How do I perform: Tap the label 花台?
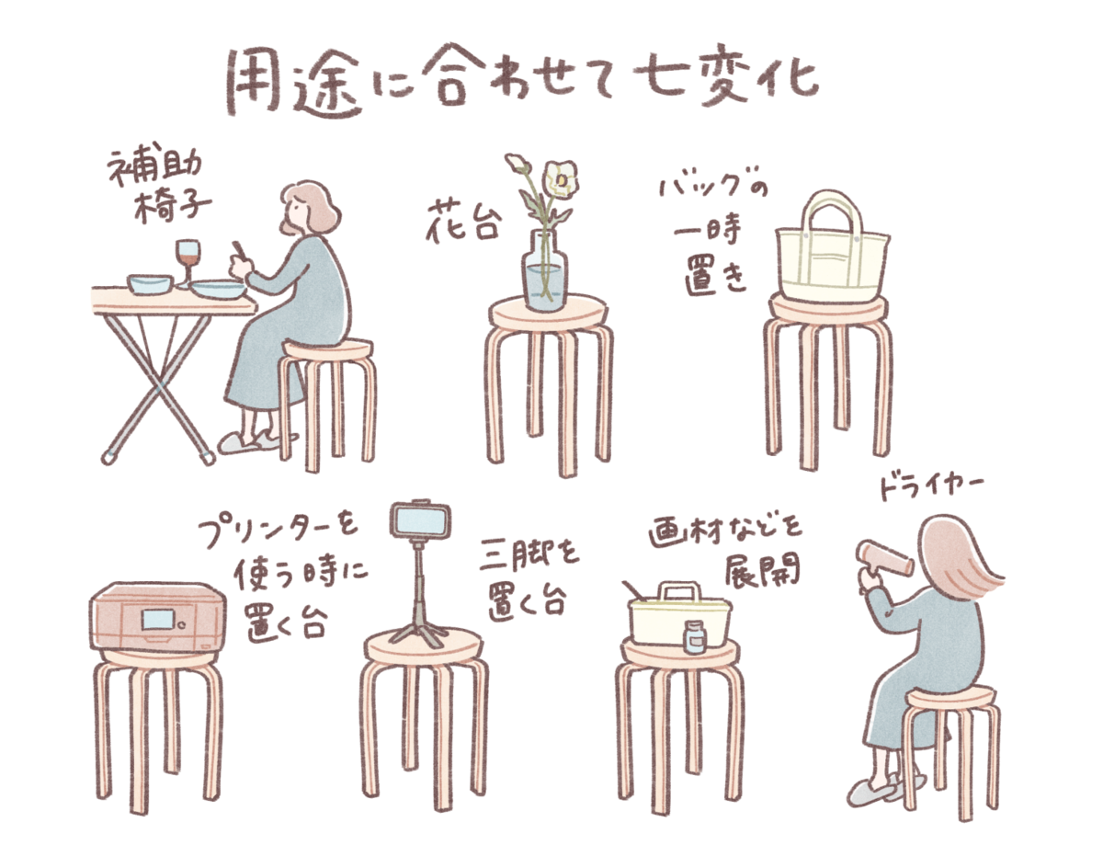click(x=463, y=221)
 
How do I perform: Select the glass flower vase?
click(x=545, y=272)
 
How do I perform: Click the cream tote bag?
click(x=832, y=247)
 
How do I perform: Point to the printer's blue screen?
click(x=159, y=621)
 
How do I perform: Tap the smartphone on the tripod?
click(x=420, y=519)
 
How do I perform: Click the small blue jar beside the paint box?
click(x=695, y=637)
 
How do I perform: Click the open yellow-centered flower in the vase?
click(x=560, y=180)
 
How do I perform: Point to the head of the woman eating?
click(x=308, y=208)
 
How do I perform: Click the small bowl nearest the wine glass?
click(x=150, y=284)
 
